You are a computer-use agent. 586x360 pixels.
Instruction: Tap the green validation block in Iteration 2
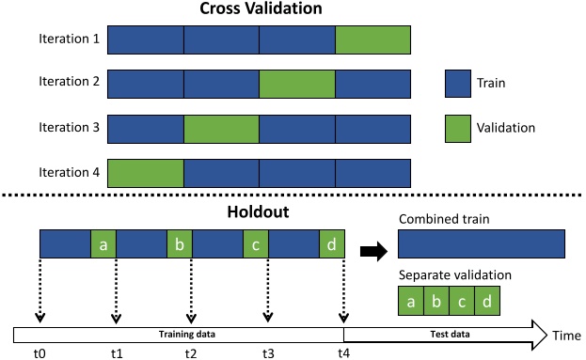click(x=297, y=83)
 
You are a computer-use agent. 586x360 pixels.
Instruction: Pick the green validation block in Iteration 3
click(x=221, y=127)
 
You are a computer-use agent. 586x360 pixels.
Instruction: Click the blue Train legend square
click(x=457, y=83)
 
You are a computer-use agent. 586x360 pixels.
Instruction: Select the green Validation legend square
click(x=457, y=127)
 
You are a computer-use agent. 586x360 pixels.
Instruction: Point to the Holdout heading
click(x=259, y=212)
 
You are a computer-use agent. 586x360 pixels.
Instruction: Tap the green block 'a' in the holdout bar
click(x=103, y=243)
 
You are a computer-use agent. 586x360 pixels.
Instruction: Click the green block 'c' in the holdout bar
click(x=256, y=243)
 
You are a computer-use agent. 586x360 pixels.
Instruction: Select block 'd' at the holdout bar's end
click(x=332, y=243)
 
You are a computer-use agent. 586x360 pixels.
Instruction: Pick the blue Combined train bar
click(x=481, y=243)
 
